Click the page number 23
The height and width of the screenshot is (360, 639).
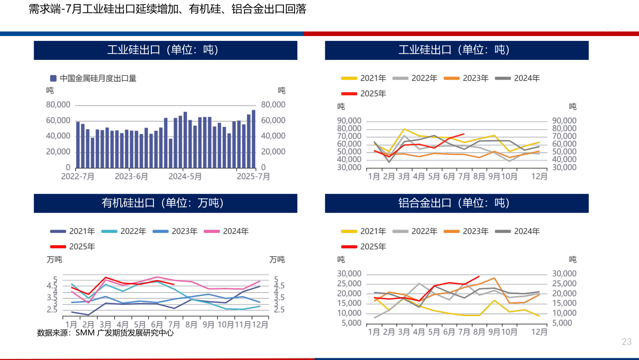[626, 342]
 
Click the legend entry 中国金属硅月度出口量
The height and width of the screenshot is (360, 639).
[98, 79]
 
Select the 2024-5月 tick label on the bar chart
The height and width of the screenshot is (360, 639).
[185, 176]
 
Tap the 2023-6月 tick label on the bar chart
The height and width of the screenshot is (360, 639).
[131, 176]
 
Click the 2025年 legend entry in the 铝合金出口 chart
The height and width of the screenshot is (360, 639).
[373, 246]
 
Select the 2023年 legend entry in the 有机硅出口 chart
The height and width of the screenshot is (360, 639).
[184, 231]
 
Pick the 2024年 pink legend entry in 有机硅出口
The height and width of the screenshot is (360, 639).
[236, 231]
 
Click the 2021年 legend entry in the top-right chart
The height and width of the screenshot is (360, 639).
[373, 79]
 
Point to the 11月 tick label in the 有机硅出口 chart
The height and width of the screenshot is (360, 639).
[243, 324]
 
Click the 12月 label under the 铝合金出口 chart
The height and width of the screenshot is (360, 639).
[540, 331]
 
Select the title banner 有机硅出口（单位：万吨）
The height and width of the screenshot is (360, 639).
[166, 203]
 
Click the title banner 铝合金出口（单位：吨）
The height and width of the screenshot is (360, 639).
[457, 203]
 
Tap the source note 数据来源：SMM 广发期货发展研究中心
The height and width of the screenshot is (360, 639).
[105, 333]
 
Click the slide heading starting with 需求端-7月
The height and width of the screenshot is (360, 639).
[167, 9]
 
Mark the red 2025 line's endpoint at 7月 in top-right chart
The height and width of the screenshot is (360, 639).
[464, 134]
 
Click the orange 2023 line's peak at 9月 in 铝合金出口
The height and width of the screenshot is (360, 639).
[494, 278]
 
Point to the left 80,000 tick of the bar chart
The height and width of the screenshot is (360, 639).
[58, 105]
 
